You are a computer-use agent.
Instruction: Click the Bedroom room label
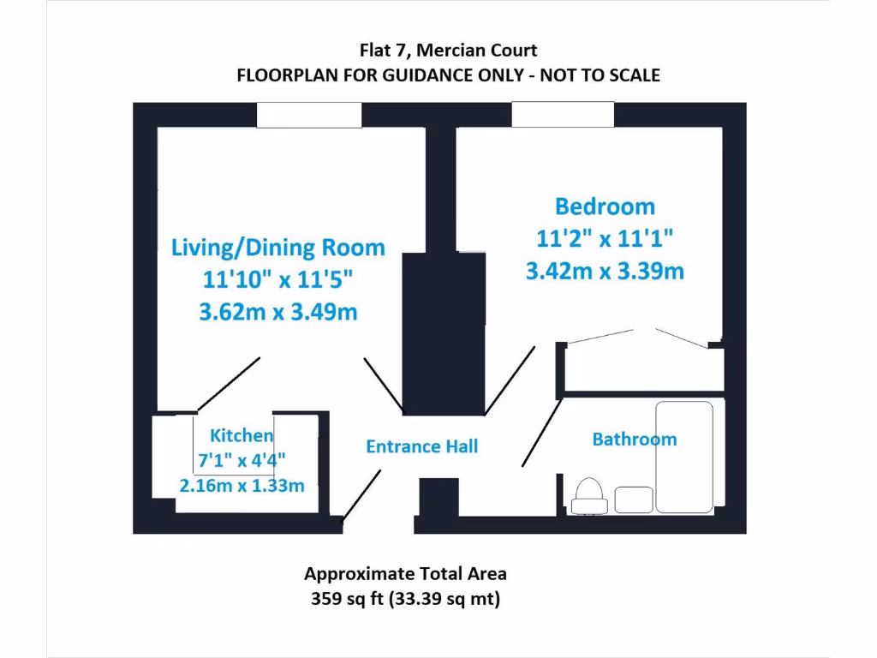[x=605, y=206]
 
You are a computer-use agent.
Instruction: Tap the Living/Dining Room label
[x=278, y=248]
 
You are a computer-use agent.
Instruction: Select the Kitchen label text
[x=242, y=435]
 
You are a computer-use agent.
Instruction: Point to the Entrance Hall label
[x=421, y=446]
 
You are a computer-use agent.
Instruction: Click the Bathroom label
[x=634, y=440]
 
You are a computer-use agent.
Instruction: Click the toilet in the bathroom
[x=589, y=496]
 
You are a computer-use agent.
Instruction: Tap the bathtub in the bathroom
[x=683, y=457]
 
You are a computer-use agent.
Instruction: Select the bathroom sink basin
[x=634, y=499]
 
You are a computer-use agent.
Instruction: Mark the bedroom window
[x=563, y=114]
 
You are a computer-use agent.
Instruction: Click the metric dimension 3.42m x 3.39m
[x=605, y=272]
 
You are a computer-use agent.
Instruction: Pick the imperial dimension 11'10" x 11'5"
[x=278, y=280]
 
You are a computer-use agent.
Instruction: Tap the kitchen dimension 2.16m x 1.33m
[x=242, y=486]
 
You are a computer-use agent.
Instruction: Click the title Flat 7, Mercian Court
[x=448, y=51]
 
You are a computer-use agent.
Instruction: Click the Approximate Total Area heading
[x=405, y=574]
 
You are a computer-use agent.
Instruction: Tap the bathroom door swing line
[x=542, y=433]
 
